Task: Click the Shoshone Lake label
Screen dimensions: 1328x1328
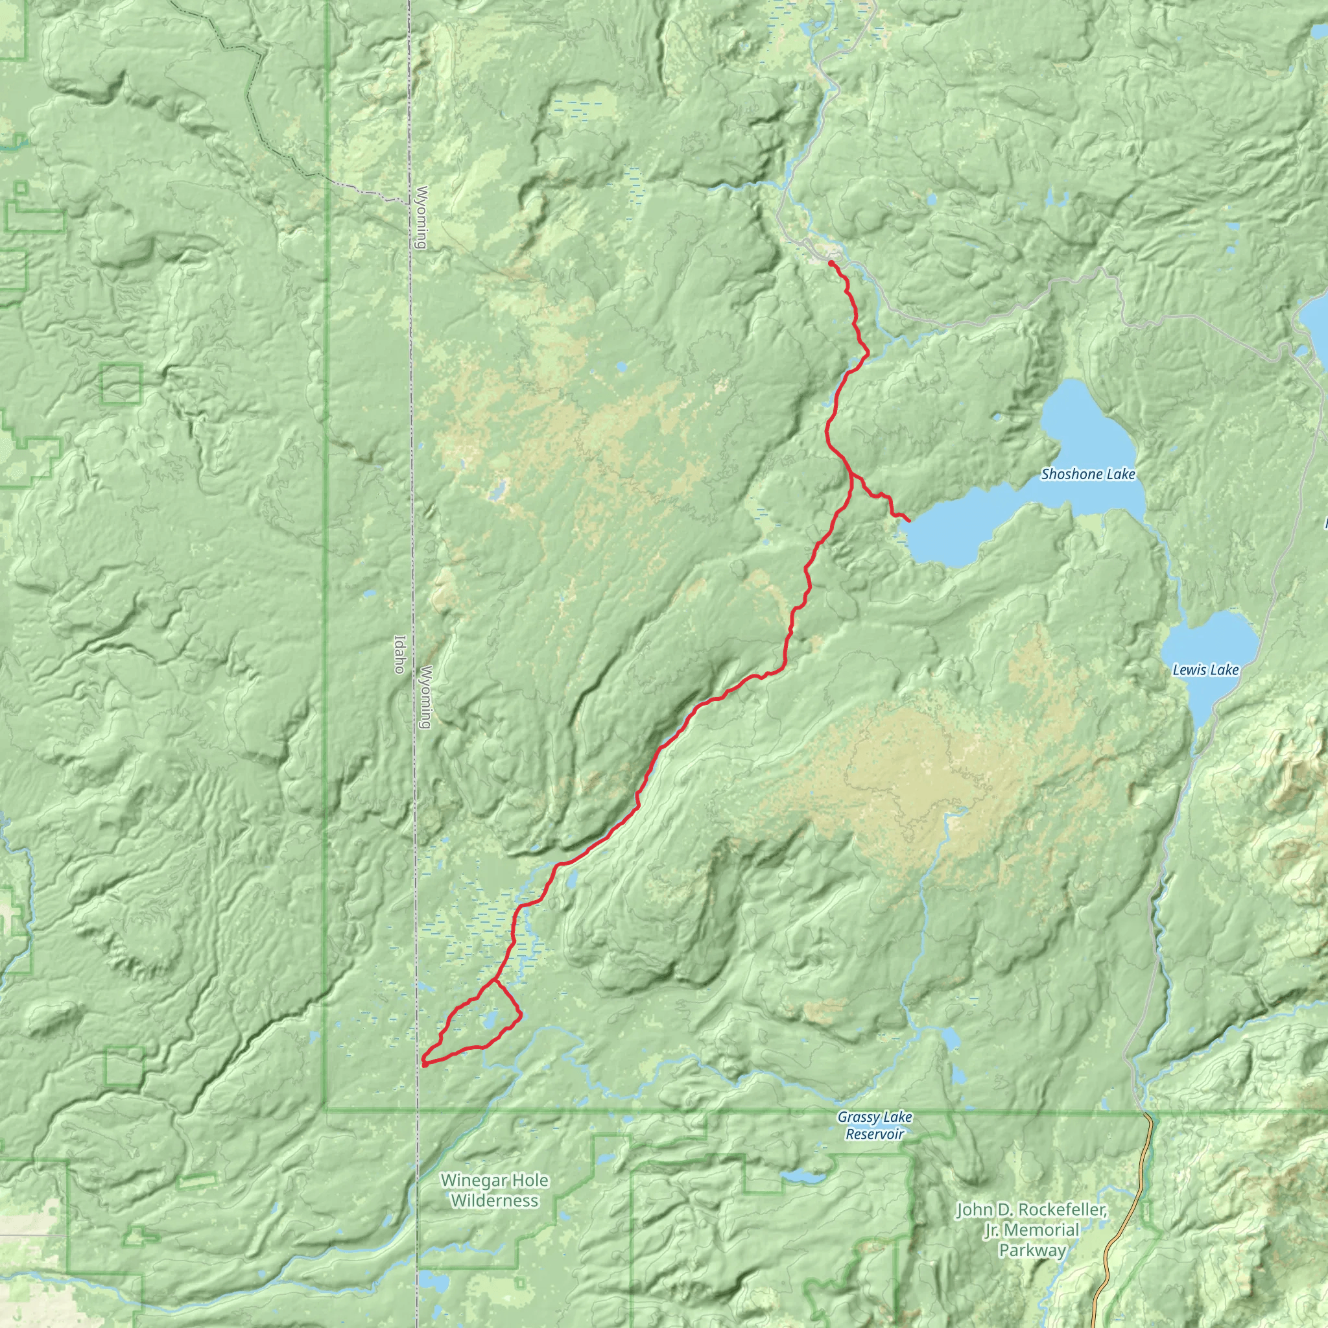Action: pyautogui.click(x=1087, y=474)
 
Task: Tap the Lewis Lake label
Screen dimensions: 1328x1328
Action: pyautogui.click(x=1205, y=669)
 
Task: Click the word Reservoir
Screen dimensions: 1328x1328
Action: pyautogui.click(x=874, y=1134)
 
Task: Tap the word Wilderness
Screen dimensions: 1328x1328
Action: pyautogui.click(x=494, y=1201)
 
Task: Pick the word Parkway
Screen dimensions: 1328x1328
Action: pyautogui.click(x=1032, y=1250)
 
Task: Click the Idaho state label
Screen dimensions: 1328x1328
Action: pyautogui.click(x=398, y=654)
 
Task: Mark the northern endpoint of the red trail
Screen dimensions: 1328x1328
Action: pyautogui.click(x=831, y=263)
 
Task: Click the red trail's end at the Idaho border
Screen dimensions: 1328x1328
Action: pyautogui.click(x=423, y=1065)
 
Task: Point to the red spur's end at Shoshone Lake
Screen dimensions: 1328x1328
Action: pyautogui.click(x=909, y=522)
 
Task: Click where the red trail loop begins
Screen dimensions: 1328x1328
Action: pyautogui.click(x=493, y=980)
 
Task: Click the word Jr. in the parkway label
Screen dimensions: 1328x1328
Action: pyautogui.click(x=993, y=1229)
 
